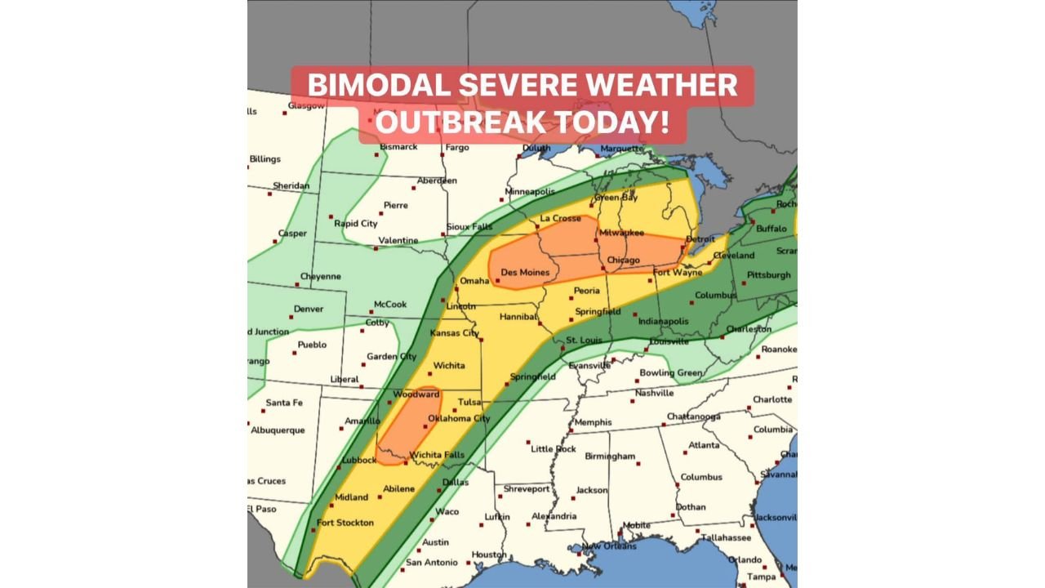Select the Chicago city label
click(624, 261)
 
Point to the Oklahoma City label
click(459, 419)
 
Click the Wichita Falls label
click(437, 455)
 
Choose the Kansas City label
click(454, 333)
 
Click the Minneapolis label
click(531, 192)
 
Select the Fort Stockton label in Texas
click(345, 523)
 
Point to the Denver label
click(308, 309)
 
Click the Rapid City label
click(356, 224)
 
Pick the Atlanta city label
click(704, 445)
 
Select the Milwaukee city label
click(622, 233)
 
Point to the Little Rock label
click(554, 449)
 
